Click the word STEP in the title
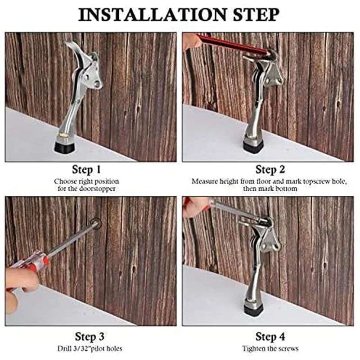coord(256,15)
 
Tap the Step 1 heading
coord(86,170)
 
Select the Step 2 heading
coord(270,170)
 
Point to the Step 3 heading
coord(90,337)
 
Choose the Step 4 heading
coord(270,337)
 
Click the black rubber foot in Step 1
coord(65,147)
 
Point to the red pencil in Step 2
coord(232,45)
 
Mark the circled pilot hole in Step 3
coord(95,222)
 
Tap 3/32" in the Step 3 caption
coord(81,348)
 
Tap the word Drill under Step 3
coord(63,348)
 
